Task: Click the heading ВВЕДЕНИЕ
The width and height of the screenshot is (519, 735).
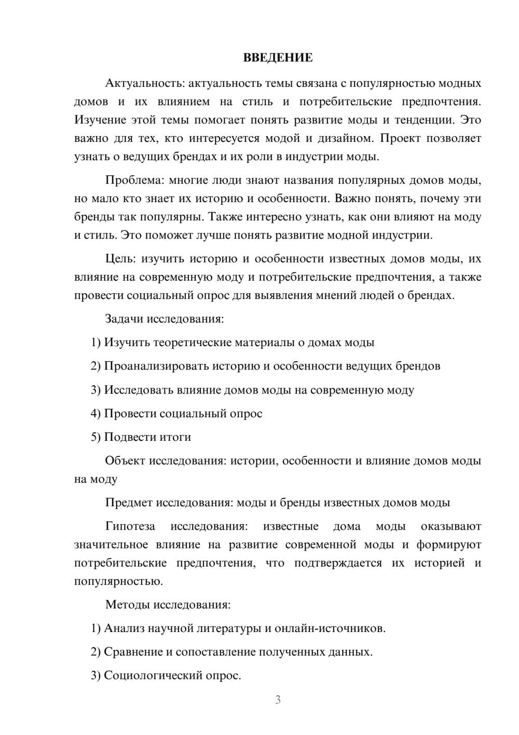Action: [x=278, y=58]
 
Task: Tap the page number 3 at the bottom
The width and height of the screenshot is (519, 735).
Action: [x=278, y=700]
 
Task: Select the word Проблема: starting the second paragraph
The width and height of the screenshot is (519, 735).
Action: [x=134, y=180]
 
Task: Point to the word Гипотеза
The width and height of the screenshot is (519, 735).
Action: [x=130, y=527]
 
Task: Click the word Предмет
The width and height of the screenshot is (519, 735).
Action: [x=129, y=503]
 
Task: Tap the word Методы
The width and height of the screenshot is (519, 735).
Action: [x=125, y=605]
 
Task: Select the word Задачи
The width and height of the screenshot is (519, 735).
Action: [x=124, y=319]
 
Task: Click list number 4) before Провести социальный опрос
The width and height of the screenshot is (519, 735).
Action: [x=95, y=414]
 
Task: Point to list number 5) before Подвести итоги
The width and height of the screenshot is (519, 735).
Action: [x=95, y=437]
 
